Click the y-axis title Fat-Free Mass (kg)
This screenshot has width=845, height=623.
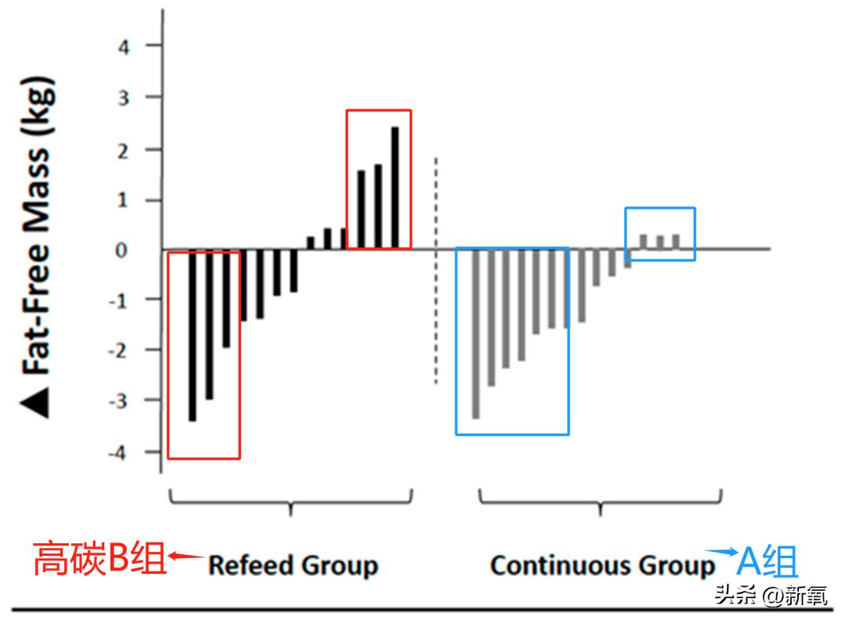(35, 227)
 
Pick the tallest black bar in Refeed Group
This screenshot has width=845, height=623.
(395, 188)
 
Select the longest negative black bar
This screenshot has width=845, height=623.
(192, 336)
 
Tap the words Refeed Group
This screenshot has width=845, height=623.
(293, 565)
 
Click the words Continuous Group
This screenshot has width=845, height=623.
(602, 565)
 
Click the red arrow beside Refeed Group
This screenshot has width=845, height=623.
(186, 557)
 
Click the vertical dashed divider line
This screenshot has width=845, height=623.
(436, 270)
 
